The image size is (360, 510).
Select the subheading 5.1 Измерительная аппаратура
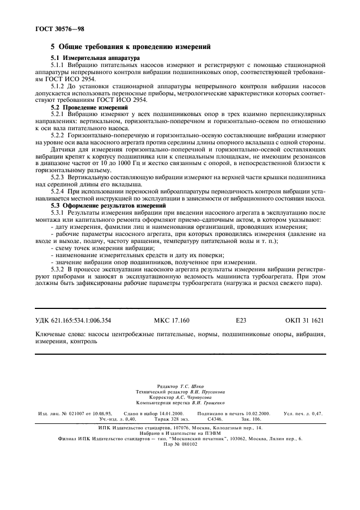tap(95, 58)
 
